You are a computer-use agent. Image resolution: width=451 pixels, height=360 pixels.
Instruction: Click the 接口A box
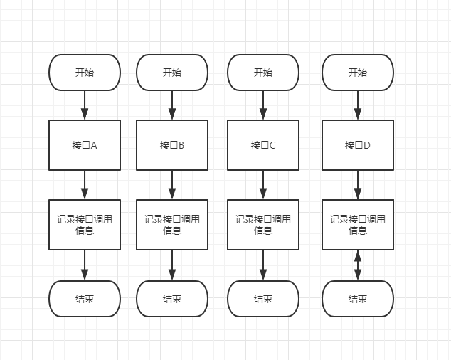point(85,145)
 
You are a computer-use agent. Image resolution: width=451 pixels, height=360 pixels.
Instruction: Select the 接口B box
point(172,145)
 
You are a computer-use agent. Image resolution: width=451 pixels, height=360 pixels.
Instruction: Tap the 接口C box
point(263,145)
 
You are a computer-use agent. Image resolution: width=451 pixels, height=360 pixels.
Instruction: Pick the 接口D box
point(358,145)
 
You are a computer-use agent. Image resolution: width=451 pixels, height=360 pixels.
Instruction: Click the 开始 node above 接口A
point(85,73)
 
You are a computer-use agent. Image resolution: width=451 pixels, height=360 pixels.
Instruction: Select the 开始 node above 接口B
point(172,73)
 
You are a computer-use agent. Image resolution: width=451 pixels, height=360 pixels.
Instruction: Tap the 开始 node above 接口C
point(263,73)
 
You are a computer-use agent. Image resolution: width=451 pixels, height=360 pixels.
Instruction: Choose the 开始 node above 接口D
point(358,73)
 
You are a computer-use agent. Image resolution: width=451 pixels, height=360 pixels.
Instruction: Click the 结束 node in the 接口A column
point(85,299)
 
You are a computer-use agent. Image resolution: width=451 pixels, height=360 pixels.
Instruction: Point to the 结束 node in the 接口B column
point(172,299)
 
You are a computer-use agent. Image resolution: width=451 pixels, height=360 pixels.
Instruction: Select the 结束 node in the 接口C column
point(263,299)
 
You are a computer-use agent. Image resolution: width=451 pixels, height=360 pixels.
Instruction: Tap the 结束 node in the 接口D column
point(358,299)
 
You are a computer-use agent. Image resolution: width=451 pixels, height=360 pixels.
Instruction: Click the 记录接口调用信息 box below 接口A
point(85,225)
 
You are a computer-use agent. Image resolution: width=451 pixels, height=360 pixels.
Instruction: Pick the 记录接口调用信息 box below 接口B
point(172,225)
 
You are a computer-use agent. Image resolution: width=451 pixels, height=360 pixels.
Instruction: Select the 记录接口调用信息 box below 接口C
point(263,225)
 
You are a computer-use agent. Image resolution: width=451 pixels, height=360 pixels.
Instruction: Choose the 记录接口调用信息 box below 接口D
point(358,225)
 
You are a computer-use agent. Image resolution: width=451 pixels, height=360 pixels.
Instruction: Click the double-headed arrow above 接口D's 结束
point(358,265)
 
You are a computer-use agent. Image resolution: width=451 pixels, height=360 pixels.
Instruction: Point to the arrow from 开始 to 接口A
point(85,105)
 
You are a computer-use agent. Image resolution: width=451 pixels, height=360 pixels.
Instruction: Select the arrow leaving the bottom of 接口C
point(263,185)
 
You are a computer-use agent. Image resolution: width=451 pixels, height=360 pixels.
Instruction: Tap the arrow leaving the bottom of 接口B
point(172,185)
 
